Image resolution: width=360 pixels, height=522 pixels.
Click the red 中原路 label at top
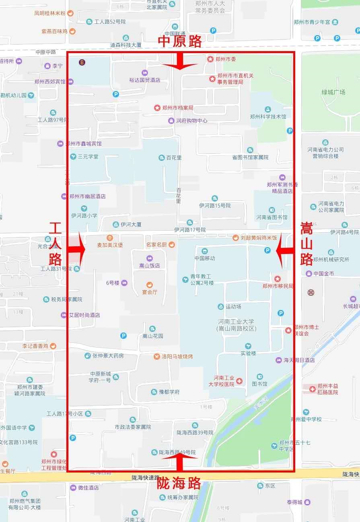(179, 41)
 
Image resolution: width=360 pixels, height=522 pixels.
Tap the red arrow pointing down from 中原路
(179, 63)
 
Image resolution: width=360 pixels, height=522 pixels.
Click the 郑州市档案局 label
(178, 108)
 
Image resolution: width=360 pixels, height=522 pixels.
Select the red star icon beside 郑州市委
(210, 59)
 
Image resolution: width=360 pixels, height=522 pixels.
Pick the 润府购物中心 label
(192, 121)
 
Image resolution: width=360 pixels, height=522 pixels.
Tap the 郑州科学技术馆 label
(268, 117)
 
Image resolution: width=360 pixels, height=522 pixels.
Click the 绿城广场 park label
(333, 92)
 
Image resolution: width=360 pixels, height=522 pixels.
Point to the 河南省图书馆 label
(272, 217)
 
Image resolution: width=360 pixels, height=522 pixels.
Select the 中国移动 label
(205, 258)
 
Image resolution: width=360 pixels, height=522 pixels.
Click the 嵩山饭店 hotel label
(150, 266)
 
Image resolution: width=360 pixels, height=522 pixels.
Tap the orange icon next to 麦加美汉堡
(110, 237)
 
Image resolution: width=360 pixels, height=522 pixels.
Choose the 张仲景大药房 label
(108, 356)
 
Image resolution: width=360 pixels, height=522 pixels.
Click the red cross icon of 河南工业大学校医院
(239, 381)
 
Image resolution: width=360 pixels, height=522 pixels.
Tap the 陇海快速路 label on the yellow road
(146, 478)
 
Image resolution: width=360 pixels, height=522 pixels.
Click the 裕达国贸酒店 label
(144, 80)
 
